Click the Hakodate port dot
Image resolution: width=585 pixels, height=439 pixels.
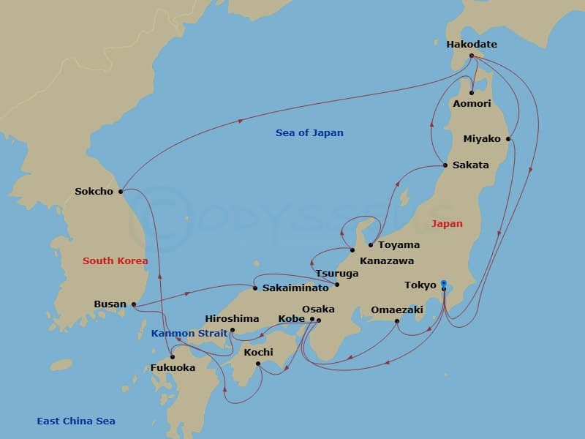click(x=472, y=55)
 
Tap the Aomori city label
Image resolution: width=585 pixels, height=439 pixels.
click(x=471, y=105)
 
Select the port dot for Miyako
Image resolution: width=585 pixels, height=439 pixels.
click(x=508, y=139)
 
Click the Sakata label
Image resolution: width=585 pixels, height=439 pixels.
click(x=470, y=165)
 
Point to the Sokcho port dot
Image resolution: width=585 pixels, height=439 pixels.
click(x=121, y=192)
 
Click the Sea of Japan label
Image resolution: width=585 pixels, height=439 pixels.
click(x=309, y=133)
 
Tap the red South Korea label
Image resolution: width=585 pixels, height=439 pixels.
click(x=115, y=261)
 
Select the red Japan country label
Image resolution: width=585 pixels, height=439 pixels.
click(x=447, y=224)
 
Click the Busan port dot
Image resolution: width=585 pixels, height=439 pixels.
click(x=134, y=304)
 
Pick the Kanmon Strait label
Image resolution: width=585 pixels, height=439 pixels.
click(x=184, y=334)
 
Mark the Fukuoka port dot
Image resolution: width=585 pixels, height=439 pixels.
click(x=173, y=357)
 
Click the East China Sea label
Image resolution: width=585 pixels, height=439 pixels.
click(x=76, y=421)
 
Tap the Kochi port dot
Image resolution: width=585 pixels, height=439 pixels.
click(x=258, y=363)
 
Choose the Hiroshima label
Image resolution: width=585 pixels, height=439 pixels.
click(x=232, y=319)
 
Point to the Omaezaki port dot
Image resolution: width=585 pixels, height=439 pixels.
click(x=397, y=320)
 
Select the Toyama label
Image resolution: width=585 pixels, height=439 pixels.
click(x=399, y=245)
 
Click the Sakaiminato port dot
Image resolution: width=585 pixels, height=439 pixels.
click(x=255, y=288)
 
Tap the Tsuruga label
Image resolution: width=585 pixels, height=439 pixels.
click(x=337, y=274)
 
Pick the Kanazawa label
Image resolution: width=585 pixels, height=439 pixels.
click(x=387, y=260)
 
